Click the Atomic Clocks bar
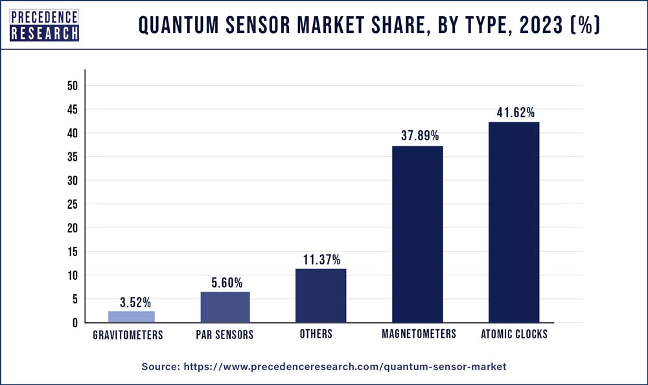(x=513, y=222)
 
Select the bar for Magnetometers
(x=417, y=234)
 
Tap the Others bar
(x=320, y=296)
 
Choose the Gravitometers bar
(x=132, y=316)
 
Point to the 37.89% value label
(x=417, y=136)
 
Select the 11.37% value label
(x=321, y=259)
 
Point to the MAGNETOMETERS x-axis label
(x=418, y=334)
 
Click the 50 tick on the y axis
(x=72, y=86)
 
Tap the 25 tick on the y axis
(x=72, y=204)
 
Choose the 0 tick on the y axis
(x=75, y=323)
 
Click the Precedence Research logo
(x=45, y=25)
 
